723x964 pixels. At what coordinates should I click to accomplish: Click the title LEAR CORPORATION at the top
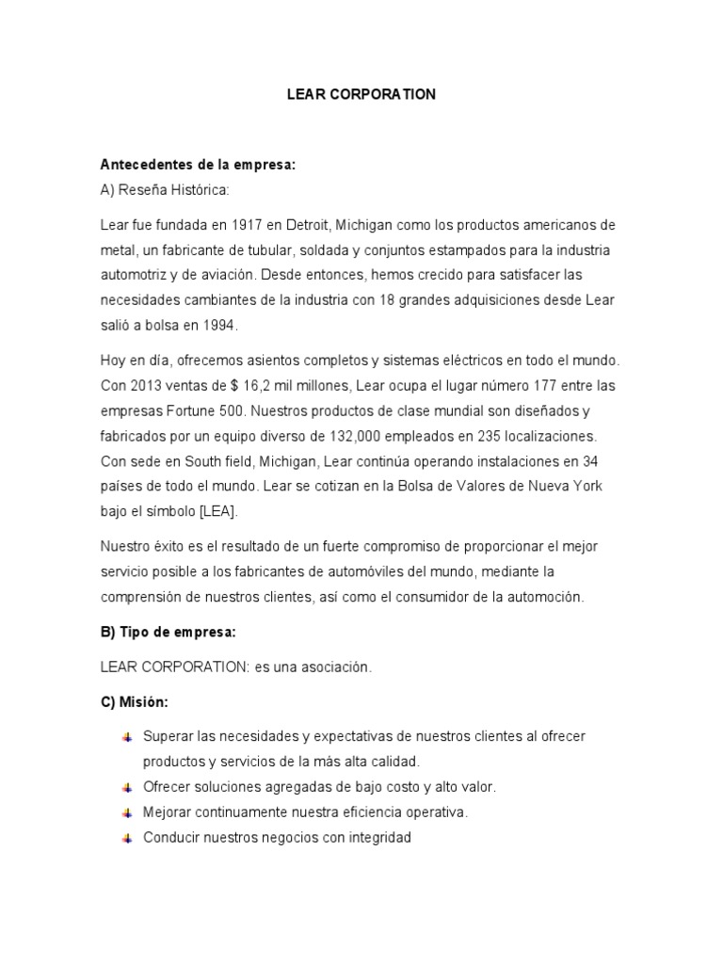pyautogui.click(x=361, y=95)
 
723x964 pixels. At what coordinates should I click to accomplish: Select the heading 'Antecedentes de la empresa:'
pyautogui.click(x=198, y=165)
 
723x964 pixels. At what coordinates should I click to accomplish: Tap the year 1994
pyautogui.click(x=218, y=325)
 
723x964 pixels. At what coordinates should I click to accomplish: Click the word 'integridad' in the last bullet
pyautogui.click(x=380, y=837)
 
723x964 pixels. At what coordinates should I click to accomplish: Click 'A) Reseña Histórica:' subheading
pyautogui.click(x=164, y=190)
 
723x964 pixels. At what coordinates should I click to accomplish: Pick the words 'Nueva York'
pyautogui.click(x=569, y=487)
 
